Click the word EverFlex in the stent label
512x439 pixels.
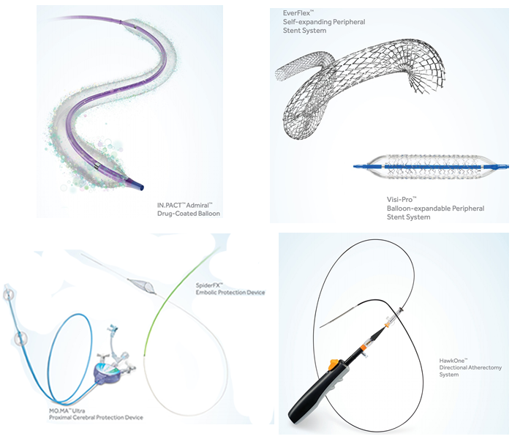coord(296,13)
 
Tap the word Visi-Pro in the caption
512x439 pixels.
coord(399,200)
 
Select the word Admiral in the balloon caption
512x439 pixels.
coord(197,205)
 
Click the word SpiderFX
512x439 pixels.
coord(208,285)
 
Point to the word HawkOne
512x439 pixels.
coord(451,361)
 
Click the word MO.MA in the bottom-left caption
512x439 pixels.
coord(58,410)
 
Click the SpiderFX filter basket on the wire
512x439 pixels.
coord(143,285)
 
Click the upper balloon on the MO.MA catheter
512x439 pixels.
coord(8,294)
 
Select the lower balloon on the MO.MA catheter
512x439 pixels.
coord(20,339)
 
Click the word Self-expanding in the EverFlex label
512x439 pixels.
coord(306,22)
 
